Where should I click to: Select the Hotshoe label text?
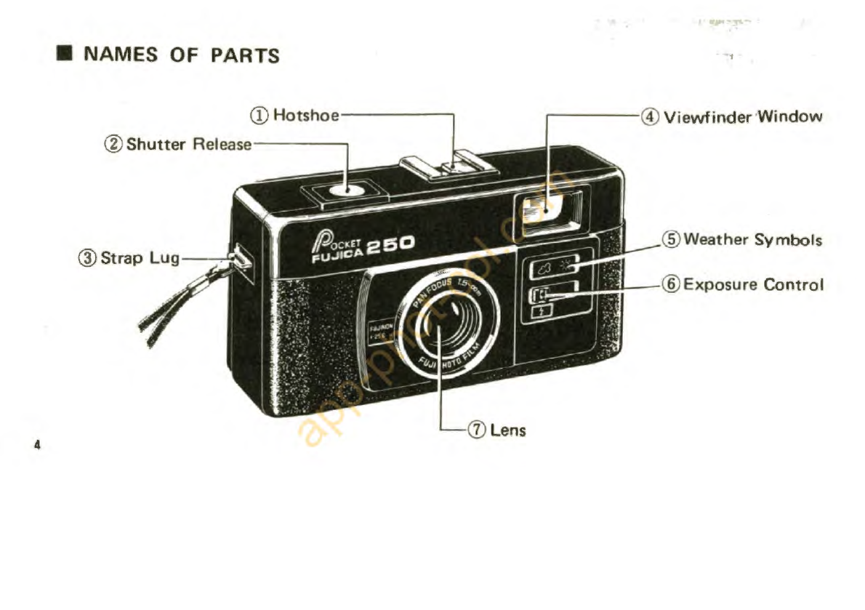(x=305, y=115)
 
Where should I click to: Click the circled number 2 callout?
(x=116, y=144)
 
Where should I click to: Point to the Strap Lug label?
(x=140, y=257)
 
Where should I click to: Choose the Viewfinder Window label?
(x=743, y=116)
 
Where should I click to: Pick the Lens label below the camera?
(x=507, y=430)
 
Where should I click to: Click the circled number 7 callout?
(x=478, y=430)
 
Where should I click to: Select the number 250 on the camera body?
(x=390, y=245)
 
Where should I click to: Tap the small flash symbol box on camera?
(x=542, y=310)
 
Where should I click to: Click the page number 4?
(x=36, y=444)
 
